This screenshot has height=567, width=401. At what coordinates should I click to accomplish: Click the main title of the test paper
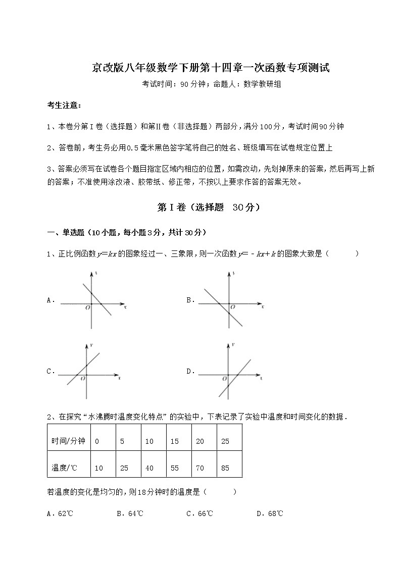(211, 68)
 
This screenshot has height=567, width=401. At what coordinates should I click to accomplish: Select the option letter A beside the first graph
(51, 300)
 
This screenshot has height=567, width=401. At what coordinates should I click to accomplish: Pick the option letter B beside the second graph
(190, 300)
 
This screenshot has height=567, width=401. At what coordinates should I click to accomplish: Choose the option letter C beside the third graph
(51, 371)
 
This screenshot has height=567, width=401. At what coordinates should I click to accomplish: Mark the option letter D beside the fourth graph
(190, 371)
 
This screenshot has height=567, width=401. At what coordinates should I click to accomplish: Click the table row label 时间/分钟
(68, 441)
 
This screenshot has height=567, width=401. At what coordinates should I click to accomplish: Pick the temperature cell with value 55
(175, 468)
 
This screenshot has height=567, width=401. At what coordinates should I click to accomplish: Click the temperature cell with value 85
(225, 468)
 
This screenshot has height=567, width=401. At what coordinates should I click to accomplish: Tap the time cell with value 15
(175, 441)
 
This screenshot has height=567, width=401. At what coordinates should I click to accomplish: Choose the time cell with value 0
(97, 441)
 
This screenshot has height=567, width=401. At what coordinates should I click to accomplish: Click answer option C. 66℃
(199, 513)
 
